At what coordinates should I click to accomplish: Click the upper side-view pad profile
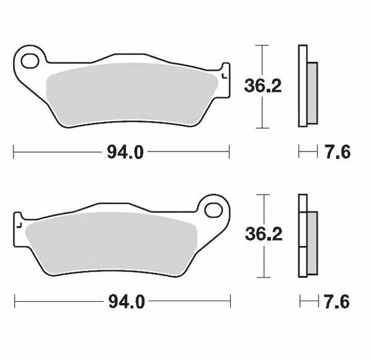coord(302,87)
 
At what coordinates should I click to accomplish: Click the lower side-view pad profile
coord(302,236)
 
